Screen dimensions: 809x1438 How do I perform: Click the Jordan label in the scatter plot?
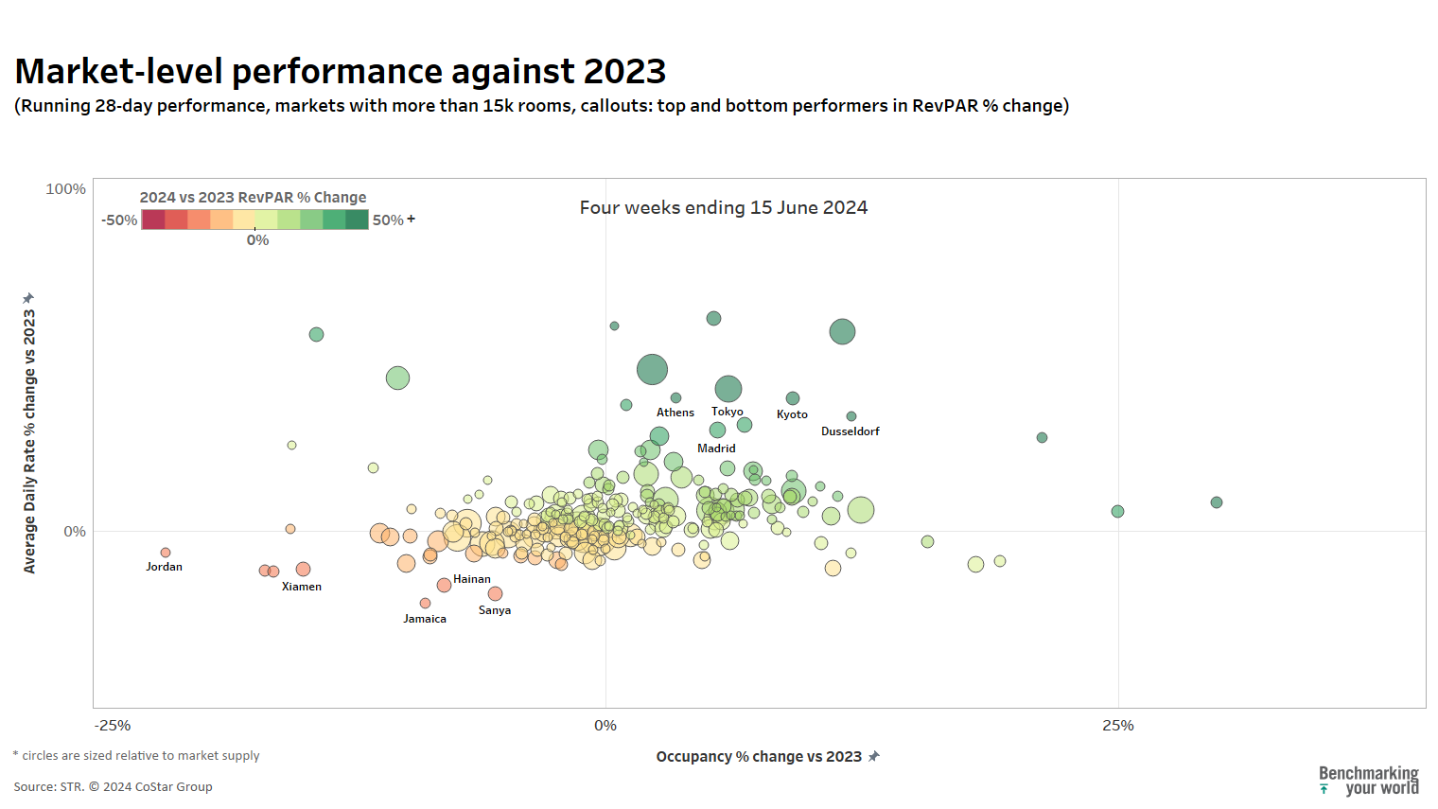(x=164, y=567)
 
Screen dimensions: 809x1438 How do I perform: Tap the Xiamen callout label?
(x=302, y=587)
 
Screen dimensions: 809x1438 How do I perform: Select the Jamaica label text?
(x=425, y=619)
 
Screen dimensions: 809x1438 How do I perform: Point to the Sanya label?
(x=495, y=610)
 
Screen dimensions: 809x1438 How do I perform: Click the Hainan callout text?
(x=472, y=579)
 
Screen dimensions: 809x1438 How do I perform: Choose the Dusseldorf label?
(x=851, y=431)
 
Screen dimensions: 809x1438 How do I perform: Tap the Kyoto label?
(x=792, y=414)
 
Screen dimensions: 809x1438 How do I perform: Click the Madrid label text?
(x=716, y=448)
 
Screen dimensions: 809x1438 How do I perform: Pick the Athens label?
(x=675, y=413)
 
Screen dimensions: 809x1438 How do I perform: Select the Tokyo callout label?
(x=728, y=412)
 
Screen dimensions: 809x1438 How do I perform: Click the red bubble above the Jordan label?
(x=166, y=553)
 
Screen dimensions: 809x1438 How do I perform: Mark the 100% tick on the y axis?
(x=66, y=189)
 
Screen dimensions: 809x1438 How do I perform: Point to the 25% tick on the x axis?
(x=1118, y=726)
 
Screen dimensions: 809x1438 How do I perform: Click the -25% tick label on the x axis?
(x=113, y=726)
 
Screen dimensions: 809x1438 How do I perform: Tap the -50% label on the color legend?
(x=120, y=220)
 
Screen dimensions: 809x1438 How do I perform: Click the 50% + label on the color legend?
(x=394, y=220)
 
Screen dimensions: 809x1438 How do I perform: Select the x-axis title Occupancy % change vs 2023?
(x=759, y=757)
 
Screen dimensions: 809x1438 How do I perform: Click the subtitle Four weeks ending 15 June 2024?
(x=724, y=207)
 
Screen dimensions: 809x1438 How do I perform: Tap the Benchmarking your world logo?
(x=1369, y=781)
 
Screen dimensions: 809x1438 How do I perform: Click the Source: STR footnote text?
(x=113, y=787)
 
